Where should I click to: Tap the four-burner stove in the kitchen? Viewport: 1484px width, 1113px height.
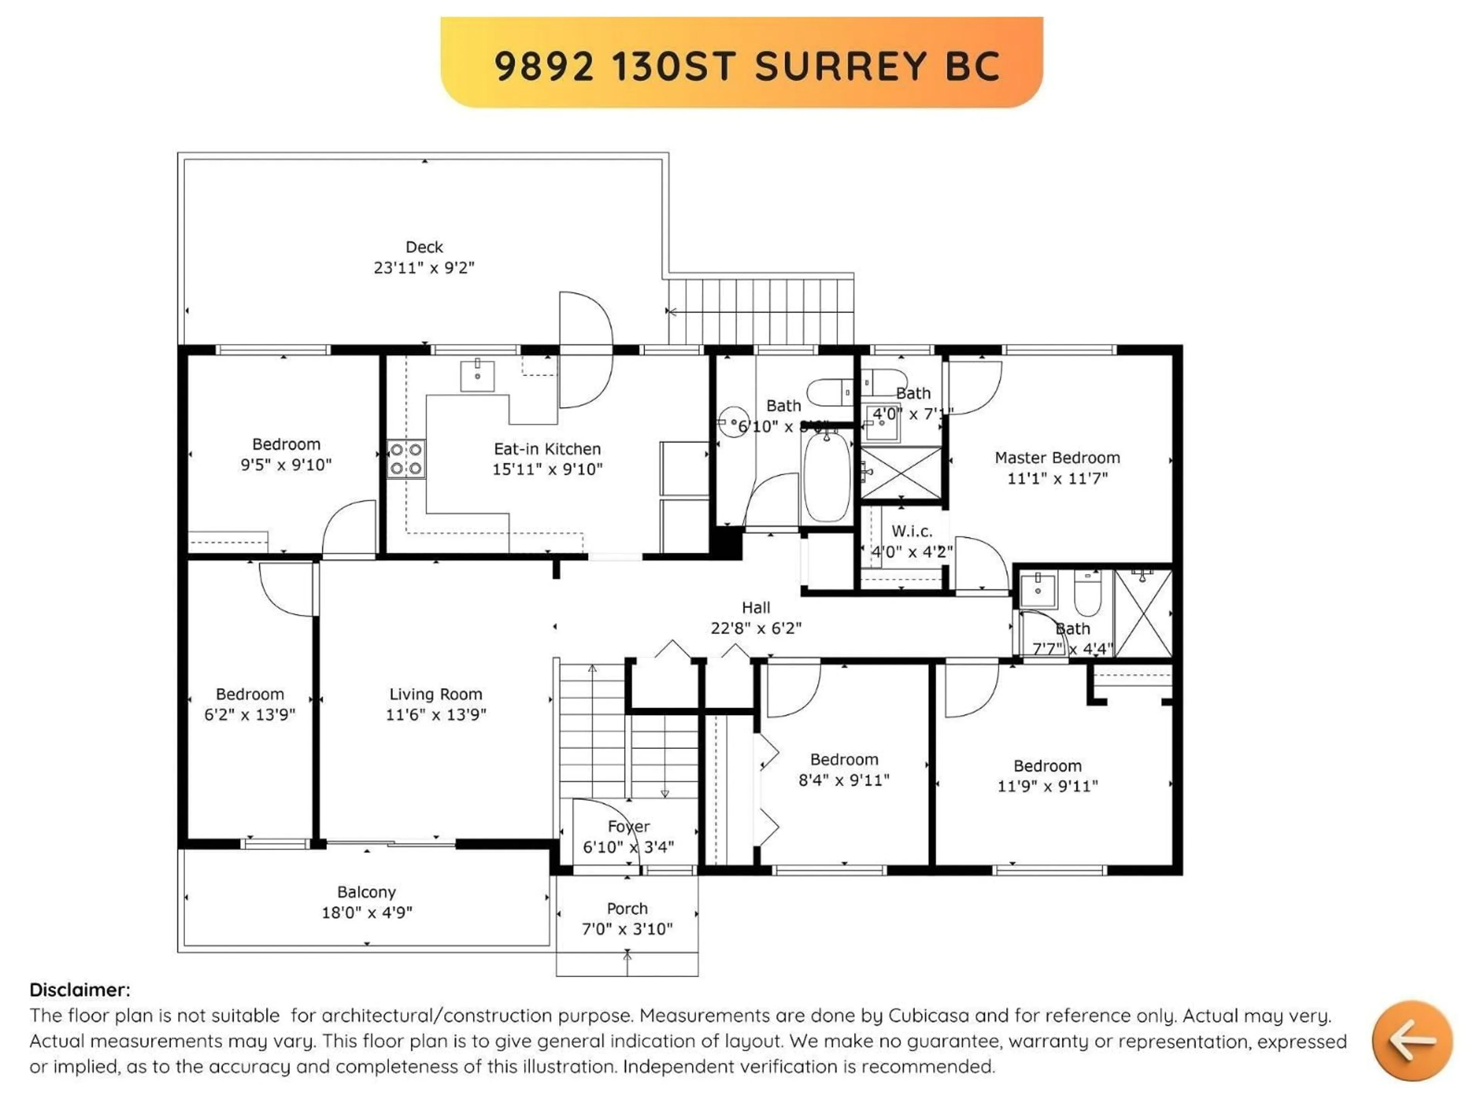tap(406, 459)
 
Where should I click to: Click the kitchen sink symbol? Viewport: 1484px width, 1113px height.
tap(477, 376)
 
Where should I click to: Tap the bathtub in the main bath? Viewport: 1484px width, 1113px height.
tap(827, 477)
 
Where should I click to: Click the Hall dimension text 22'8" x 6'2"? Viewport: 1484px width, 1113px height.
tap(756, 628)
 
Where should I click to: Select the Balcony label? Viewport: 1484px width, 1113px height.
tap(366, 892)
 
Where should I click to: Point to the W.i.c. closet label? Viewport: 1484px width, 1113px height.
tap(912, 531)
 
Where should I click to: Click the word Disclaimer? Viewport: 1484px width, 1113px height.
tap(79, 990)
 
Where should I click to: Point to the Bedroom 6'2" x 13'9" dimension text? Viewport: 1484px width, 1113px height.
tap(250, 715)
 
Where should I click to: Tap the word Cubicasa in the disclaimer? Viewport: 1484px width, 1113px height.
tap(929, 1015)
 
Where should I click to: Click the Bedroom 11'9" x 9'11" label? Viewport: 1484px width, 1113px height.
tap(1047, 766)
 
